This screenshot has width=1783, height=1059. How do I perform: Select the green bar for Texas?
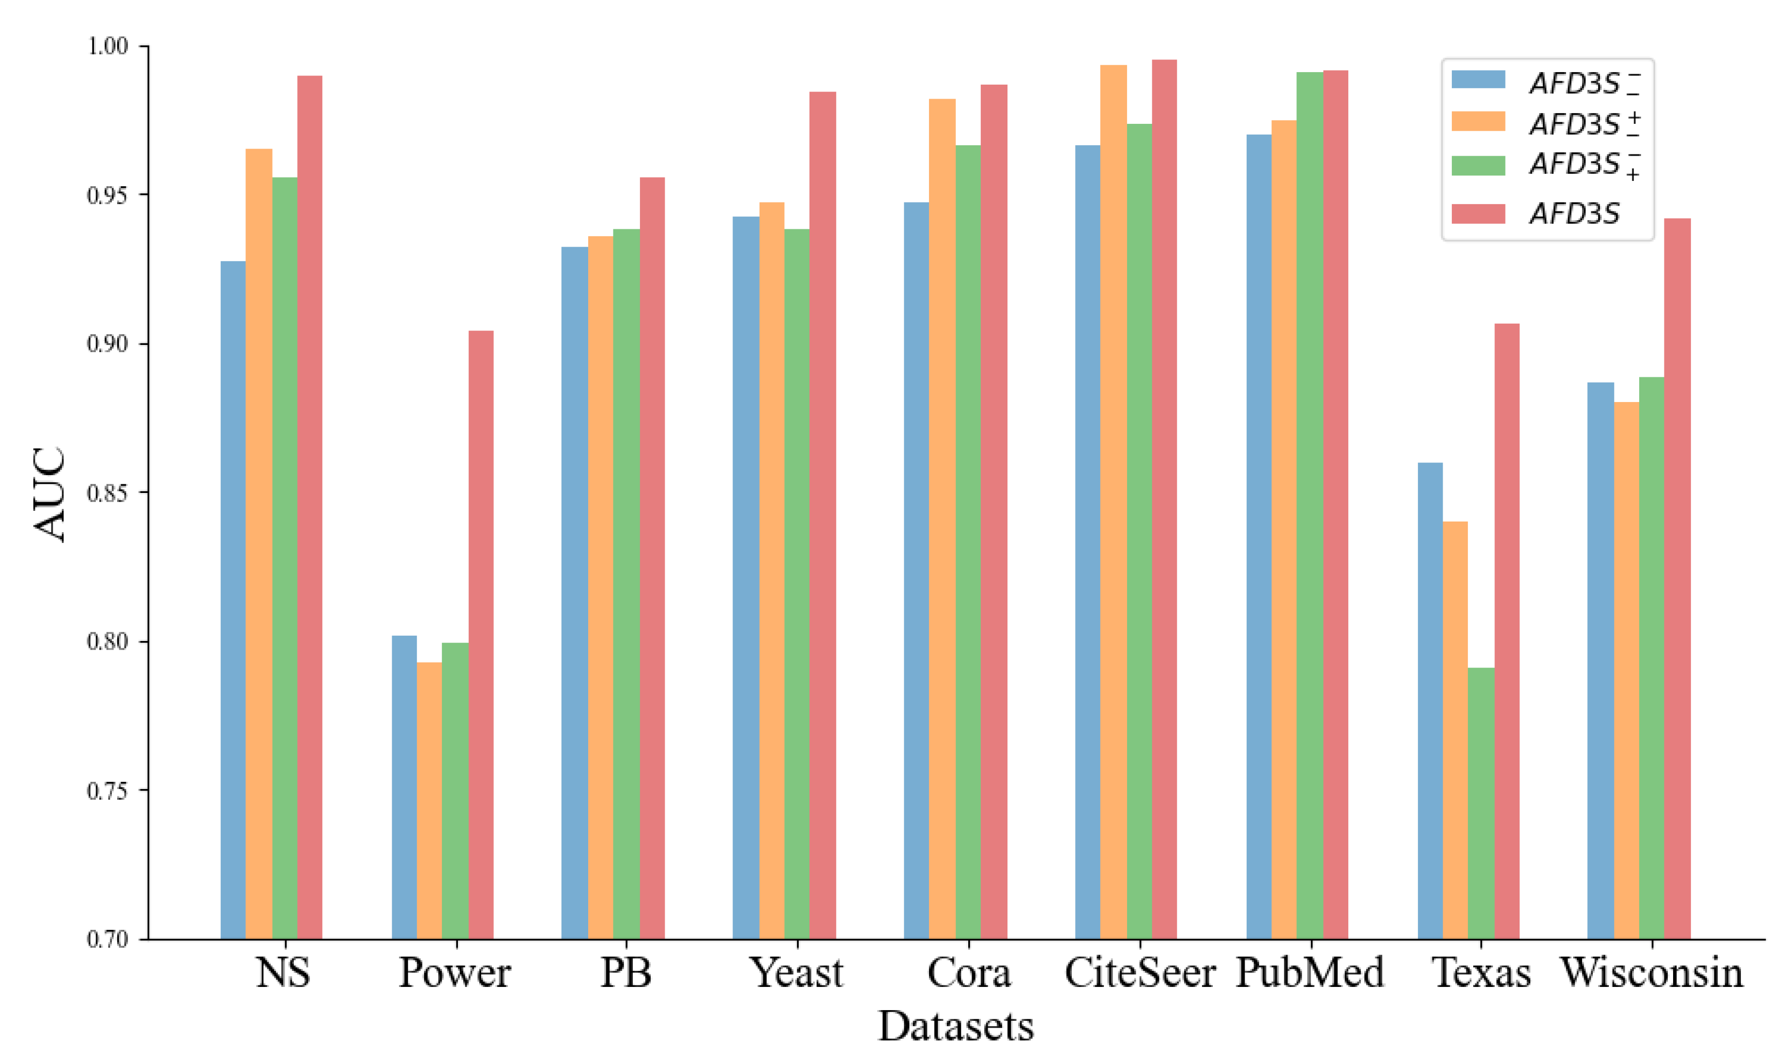tap(1480, 803)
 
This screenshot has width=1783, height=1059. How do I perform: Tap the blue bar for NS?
tap(233, 599)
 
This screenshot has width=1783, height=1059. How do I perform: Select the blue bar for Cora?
tap(915, 570)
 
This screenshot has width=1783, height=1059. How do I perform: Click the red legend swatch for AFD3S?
tap(1478, 213)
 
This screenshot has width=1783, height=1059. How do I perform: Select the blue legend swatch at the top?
tap(1478, 79)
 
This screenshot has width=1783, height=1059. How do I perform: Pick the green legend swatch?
tap(1478, 165)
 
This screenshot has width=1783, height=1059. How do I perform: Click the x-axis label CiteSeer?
tap(1139, 972)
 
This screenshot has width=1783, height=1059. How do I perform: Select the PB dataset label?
tap(625, 972)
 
